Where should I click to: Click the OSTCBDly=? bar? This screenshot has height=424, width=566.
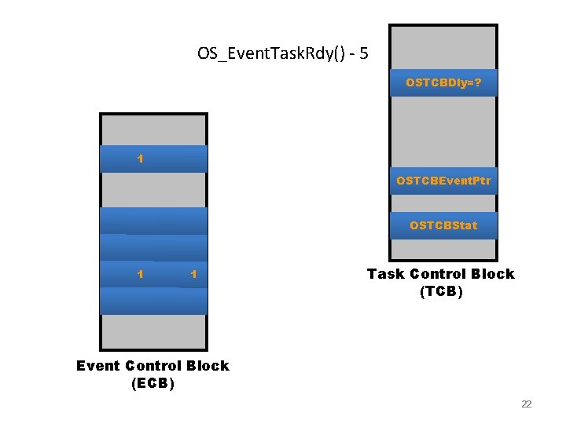[443, 82]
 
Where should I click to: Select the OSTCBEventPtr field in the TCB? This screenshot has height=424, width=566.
[443, 181]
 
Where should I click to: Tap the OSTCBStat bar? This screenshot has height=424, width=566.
[443, 226]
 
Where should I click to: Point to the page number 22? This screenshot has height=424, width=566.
[526, 404]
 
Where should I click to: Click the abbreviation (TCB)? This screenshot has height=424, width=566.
[441, 292]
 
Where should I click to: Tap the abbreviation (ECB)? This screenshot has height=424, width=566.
[153, 384]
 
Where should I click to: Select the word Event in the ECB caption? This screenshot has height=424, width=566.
[97, 366]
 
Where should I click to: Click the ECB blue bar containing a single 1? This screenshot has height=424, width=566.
[154, 159]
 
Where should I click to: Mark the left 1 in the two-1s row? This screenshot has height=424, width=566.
[140, 275]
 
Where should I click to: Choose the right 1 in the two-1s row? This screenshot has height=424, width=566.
[193, 275]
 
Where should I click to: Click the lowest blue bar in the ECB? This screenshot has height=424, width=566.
[154, 301]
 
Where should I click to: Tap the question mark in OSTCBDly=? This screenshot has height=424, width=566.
[478, 82]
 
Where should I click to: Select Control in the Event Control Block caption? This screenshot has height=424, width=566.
[153, 366]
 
